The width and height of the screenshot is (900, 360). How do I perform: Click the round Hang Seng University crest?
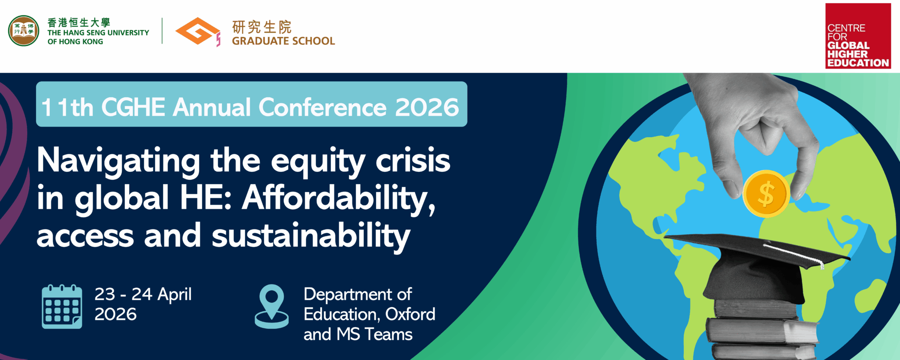tap(24, 31)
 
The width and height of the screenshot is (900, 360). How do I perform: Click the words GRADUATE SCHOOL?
tap(283, 41)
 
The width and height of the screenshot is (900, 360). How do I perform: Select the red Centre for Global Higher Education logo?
tap(858, 36)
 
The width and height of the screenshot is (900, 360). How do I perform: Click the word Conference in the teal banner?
tap(322, 107)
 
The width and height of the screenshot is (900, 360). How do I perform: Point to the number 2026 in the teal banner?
tap(427, 107)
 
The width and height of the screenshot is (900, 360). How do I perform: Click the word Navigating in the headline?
tap(118, 161)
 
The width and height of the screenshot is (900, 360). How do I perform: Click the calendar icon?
tap(62, 306)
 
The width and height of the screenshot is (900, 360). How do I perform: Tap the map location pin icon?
tap(272, 306)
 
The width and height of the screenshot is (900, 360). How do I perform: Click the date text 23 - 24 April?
tap(143, 294)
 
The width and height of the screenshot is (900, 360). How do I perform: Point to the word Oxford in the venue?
tap(410, 314)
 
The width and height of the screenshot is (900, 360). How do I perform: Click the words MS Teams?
tap(374, 335)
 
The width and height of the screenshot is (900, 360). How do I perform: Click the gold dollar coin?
tap(766, 193)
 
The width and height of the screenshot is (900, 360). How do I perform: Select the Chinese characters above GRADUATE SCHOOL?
tap(262, 27)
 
